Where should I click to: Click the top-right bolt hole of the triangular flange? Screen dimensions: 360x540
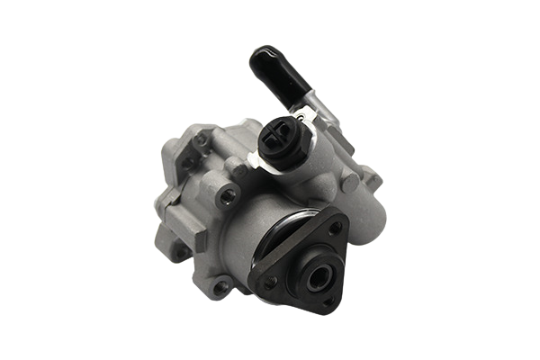click(x=334, y=229)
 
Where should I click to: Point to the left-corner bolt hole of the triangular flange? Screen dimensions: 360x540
click(x=270, y=283)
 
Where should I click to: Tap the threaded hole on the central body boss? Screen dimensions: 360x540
click(x=229, y=193)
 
